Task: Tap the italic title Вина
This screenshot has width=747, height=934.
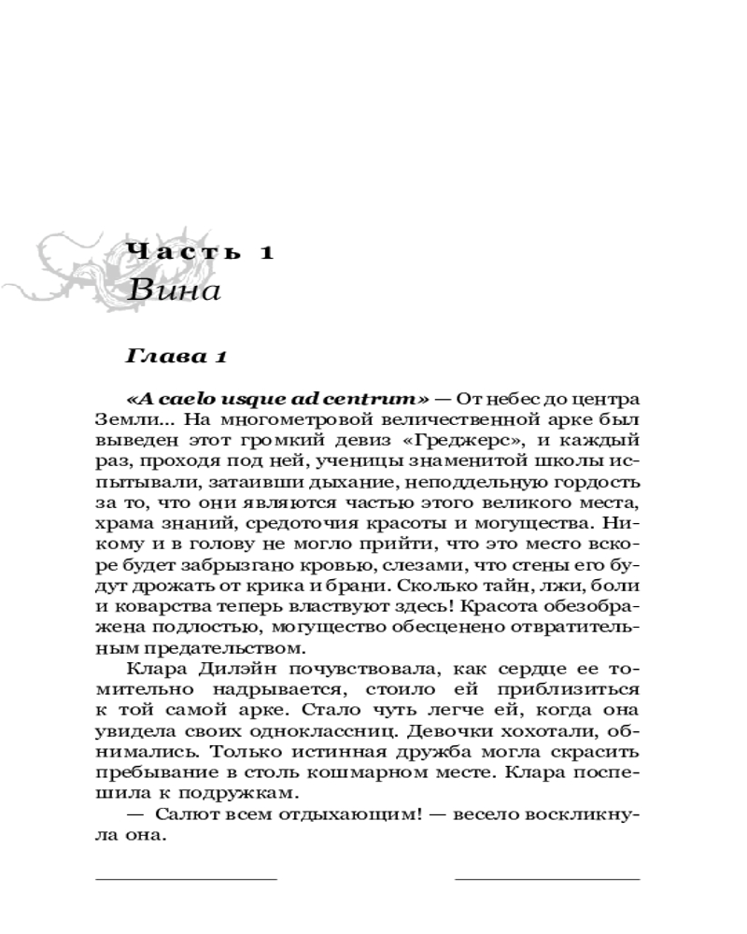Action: click(x=174, y=290)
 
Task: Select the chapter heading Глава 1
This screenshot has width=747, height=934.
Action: click(x=176, y=357)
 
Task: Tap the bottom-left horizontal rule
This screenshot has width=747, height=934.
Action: click(x=186, y=879)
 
